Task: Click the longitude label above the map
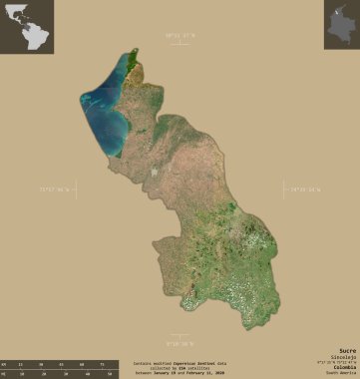coord(180,35)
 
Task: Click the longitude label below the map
coord(180,341)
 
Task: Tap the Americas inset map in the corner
coord(26,26)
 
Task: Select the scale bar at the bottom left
coord(60,368)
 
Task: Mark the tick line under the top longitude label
coord(180,45)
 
